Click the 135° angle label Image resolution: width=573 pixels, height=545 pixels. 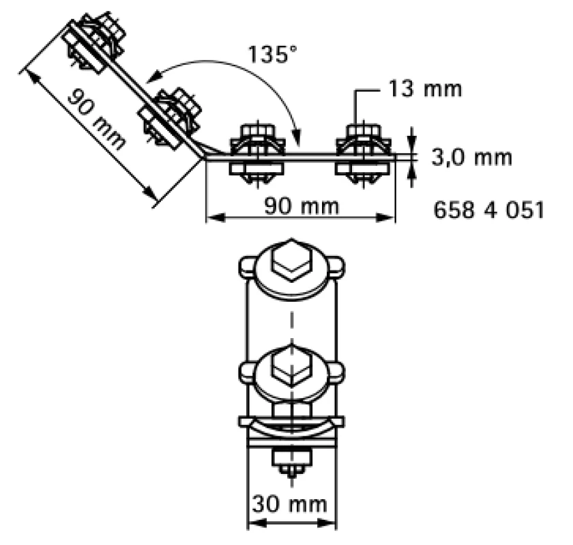click(x=272, y=54)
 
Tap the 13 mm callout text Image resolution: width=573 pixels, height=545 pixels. click(x=425, y=89)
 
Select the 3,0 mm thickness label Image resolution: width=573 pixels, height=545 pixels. click(x=472, y=157)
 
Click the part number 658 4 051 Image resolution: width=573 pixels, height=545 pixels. click(x=488, y=210)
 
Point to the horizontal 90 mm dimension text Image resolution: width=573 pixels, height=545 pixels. click(x=302, y=206)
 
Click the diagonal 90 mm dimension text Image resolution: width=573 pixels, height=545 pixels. click(x=97, y=120)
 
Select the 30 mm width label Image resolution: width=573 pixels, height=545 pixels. click(x=289, y=504)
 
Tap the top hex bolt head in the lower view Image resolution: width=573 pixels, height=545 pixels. click(x=291, y=260)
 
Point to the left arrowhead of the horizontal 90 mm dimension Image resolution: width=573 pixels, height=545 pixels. click(x=216, y=218)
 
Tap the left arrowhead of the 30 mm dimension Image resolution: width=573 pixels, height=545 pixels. click(x=257, y=523)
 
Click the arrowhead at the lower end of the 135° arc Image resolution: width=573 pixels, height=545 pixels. click(x=297, y=137)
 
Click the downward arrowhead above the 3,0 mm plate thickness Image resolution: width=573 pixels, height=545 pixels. click(x=412, y=145)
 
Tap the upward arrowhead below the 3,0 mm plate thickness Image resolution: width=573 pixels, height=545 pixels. click(x=412, y=170)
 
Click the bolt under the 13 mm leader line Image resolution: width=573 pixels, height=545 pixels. click(x=363, y=155)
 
